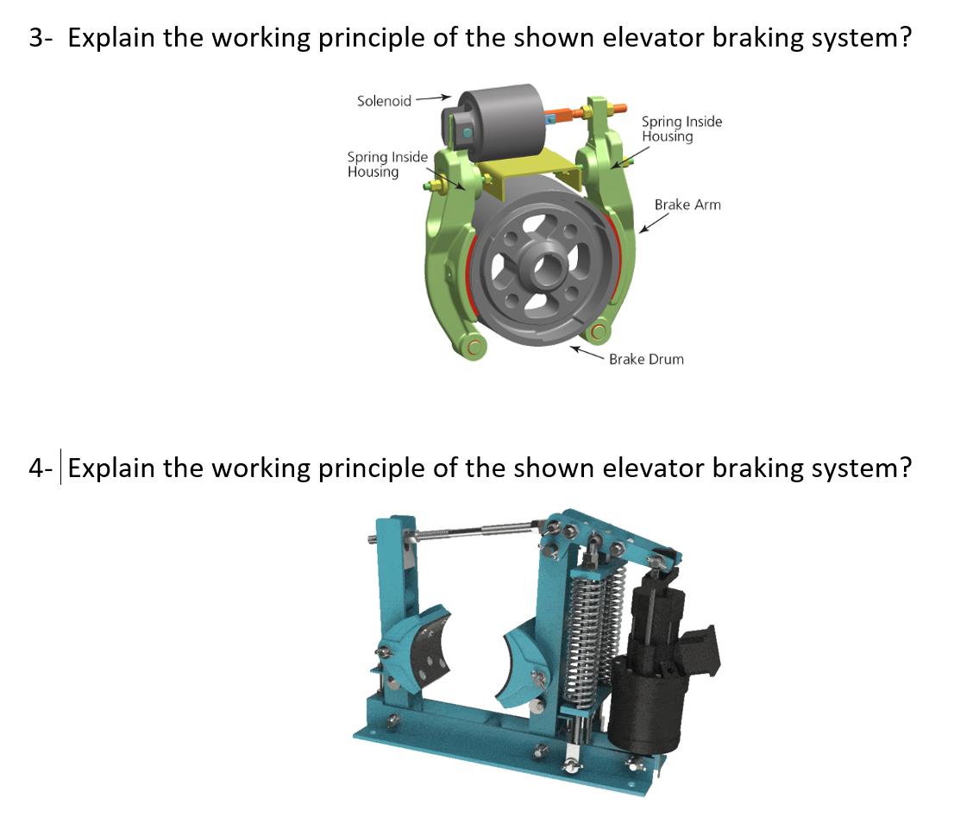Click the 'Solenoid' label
pyautogui.click(x=384, y=101)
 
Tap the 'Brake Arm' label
pyautogui.click(x=687, y=204)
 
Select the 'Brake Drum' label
pyautogui.click(x=646, y=359)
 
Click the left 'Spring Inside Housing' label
pyautogui.click(x=387, y=164)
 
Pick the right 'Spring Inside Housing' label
pyautogui.click(x=681, y=129)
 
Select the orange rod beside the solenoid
pyautogui.click(x=569, y=114)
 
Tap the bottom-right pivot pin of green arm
pyautogui.click(x=599, y=331)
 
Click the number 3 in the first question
pyautogui.click(x=35, y=39)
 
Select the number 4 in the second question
pyautogui.click(x=35, y=468)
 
